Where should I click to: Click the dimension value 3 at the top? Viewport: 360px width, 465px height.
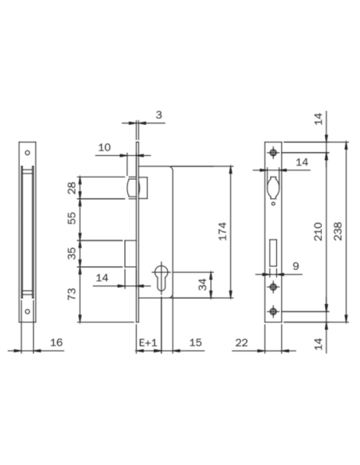[x=158, y=115]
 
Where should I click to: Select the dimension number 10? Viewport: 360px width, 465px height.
[x=104, y=147]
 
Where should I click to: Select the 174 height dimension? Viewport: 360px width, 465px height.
[x=224, y=231]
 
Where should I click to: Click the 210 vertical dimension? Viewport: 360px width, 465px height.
[x=317, y=231]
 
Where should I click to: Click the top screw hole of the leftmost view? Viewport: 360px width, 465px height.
[x=26, y=153]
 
